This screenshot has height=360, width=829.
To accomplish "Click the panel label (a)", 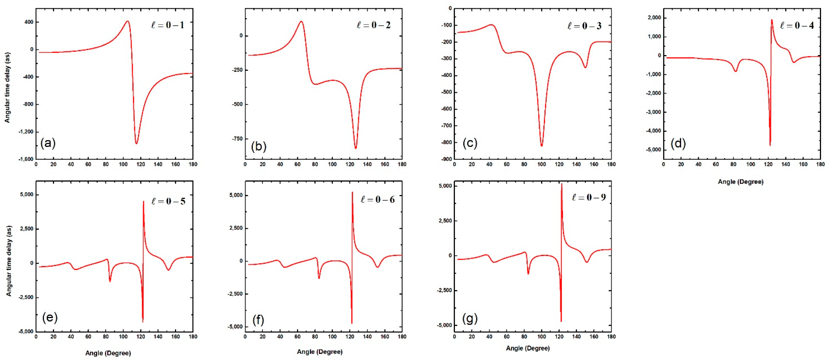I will [48, 143].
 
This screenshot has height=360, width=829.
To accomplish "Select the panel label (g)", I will [470, 319].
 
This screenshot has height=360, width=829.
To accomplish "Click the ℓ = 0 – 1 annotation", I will [168, 25].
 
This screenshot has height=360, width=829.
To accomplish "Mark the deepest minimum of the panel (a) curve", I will [136, 144].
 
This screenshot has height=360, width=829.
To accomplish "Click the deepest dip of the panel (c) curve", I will [542, 146].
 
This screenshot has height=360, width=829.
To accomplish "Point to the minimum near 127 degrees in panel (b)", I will [356, 148].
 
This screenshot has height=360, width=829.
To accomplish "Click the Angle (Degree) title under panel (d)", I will [741, 182].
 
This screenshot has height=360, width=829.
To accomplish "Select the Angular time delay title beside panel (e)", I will [9, 261].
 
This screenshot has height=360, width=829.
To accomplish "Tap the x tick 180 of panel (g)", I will [611, 336].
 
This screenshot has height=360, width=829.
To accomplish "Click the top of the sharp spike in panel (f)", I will [352, 192].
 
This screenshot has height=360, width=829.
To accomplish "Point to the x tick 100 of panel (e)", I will [123, 336].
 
